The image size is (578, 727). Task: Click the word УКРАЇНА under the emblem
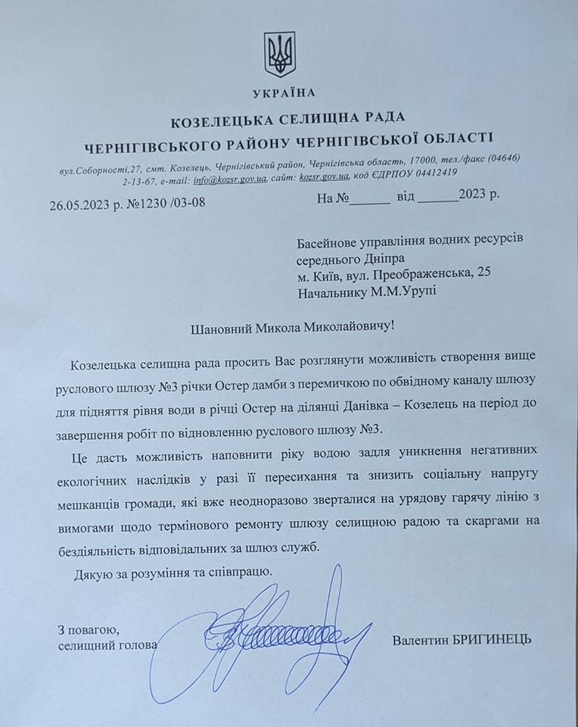283,93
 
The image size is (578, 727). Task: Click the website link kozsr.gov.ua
323,178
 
